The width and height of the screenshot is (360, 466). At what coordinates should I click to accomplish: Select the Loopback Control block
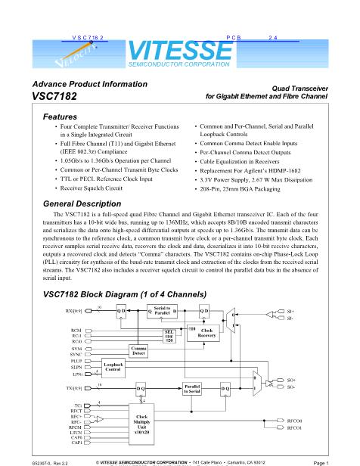(x=112, y=368)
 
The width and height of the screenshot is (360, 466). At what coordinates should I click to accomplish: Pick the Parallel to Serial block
(x=191, y=389)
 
